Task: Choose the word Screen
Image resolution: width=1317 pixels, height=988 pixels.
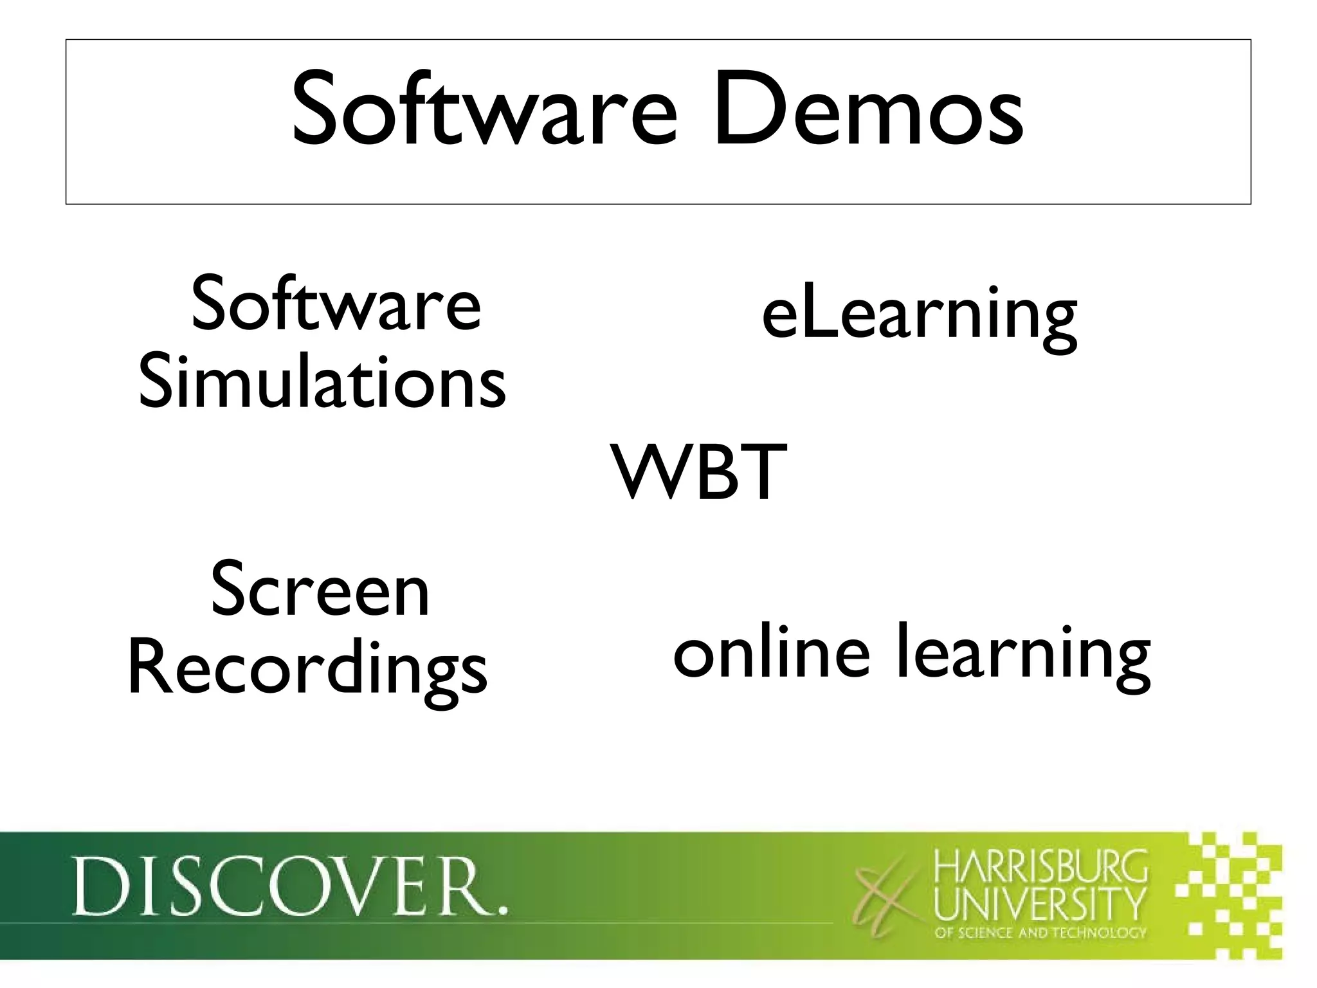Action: [x=320, y=590]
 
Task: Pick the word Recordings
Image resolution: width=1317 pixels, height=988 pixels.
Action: [x=308, y=672]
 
